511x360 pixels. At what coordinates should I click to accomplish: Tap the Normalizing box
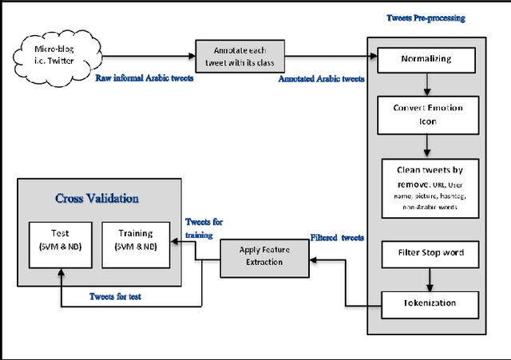coord(428,59)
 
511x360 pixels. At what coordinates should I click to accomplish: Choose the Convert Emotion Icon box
coord(428,114)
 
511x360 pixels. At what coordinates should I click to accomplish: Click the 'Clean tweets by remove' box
coord(428,188)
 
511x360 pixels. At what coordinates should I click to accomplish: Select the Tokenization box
coord(428,303)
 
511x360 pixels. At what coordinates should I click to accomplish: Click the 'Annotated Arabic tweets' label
coord(323,79)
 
